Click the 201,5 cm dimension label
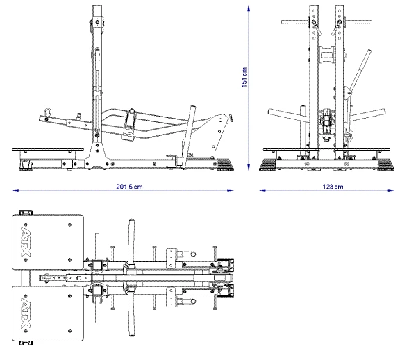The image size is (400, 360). click(129, 187)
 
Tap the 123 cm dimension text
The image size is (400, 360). click(333, 187)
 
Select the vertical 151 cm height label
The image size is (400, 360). click(244, 78)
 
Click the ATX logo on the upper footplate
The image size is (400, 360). click(25, 240)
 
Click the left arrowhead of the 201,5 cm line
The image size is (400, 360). click(15, 191)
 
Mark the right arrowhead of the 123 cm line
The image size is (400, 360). click(391, 191)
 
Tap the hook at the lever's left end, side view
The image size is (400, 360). click(48, 112)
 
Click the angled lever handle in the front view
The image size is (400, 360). click(358, 71)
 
